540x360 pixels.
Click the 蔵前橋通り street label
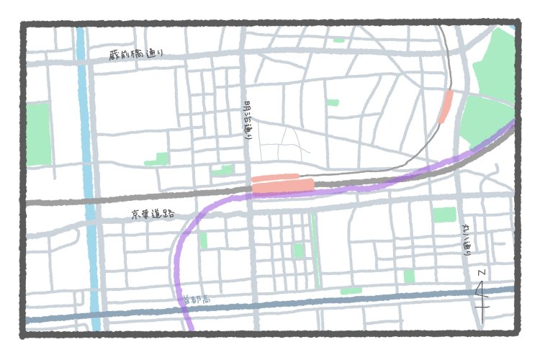click(137, 55)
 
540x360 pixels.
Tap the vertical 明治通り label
click(249, 119)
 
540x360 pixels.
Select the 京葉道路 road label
click(153, 214)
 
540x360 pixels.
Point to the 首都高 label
click(196, 299)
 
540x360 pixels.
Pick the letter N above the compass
click(481, 273)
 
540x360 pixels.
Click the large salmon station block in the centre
click(282, 186)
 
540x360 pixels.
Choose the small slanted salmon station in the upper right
click(446, 107)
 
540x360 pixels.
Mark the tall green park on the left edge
click(38, 133)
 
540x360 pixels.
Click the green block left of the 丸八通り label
click(444, 215)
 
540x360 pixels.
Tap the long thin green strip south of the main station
click(315, 248)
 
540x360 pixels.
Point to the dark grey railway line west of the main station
click(144, 198)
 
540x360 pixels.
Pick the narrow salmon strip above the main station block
click(274, 176)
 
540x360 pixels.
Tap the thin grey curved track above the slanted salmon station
click(449, 65)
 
